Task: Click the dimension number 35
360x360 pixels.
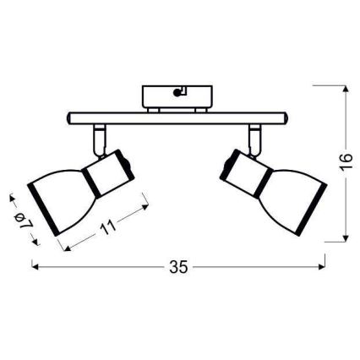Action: point(178,267)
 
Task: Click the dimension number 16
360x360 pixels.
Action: point(346,162)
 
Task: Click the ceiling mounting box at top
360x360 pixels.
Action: point(177,96)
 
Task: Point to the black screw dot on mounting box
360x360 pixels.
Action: point(177,93)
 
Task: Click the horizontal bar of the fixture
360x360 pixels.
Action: point(177,118)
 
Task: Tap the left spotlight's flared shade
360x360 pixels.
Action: point(61,199)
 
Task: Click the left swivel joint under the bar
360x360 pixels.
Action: point(100,140)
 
